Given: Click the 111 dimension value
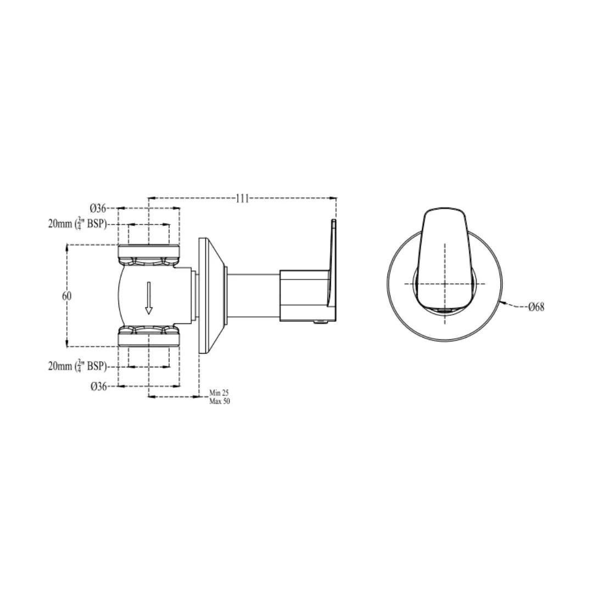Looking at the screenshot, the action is (243, 198).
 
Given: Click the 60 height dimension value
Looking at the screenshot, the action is (66, 296).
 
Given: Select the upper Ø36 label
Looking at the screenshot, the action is (98, 208).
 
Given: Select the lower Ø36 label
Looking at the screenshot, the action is (98, 387).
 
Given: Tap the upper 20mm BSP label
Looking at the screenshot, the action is (77, 223).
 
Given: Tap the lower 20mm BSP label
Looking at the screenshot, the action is (77, 366).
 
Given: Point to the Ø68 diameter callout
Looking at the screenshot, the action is (536, 307).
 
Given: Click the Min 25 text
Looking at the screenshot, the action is (219, 393).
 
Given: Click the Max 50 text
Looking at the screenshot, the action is (219, 401).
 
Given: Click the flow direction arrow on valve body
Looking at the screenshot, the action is (149, 298).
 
